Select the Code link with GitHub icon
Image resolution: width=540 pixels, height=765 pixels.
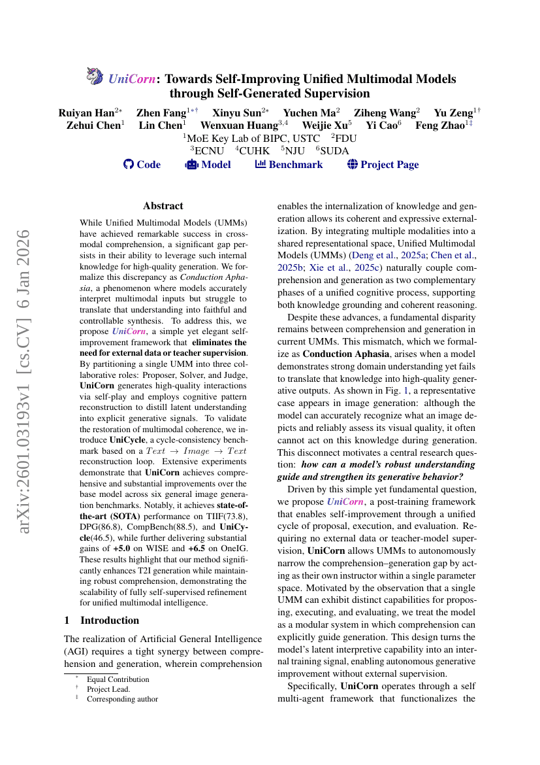142,165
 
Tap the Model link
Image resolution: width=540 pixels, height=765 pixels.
208,165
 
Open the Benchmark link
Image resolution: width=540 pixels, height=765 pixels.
289,165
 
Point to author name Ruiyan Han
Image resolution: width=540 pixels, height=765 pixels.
87,112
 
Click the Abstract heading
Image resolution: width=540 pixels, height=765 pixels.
163,206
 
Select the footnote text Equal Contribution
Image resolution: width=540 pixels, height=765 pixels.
118,679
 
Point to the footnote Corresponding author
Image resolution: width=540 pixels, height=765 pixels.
122,698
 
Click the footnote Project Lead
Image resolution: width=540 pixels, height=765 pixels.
108,688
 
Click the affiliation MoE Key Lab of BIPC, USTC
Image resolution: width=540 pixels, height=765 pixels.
253,138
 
